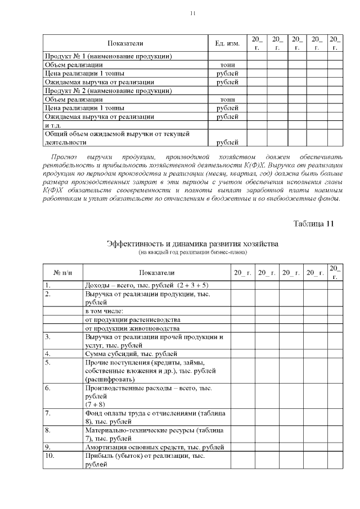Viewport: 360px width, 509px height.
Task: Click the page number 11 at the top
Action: click(x=193, y=13)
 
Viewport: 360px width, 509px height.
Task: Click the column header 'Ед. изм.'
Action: click(x=227, y=43)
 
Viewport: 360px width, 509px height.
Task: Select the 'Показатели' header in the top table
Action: click(x=125, y=43)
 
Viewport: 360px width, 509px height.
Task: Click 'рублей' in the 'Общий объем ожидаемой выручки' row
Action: click(x=227, y=142)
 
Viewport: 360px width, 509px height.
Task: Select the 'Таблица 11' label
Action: click(x=314, y=224)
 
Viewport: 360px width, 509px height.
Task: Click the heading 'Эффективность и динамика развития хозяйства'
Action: click(x=192, y=244)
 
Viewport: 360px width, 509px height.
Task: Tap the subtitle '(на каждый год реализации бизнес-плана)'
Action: click(x=192, y=252)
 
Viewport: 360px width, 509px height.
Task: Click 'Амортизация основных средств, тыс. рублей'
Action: click(x=154, y=447)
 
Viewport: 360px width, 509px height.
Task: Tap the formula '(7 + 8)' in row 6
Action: click(x=95, y=404)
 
